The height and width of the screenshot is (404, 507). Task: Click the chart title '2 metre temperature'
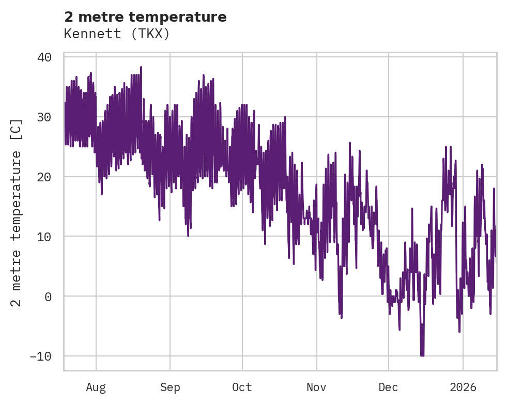tap(145, 17)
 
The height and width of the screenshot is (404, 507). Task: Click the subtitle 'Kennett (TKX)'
tap(117, 34)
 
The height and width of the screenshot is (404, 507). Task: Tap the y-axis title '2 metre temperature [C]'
tap(17, 213)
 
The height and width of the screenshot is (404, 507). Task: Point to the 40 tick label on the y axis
tap(44, 57)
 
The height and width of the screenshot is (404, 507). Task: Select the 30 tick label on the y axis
tap(44, 117)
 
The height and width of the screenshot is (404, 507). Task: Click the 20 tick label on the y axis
tap(44, 177)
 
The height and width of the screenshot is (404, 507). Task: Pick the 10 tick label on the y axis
tap(44, 237)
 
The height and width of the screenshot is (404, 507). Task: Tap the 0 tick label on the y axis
tap(48, 297)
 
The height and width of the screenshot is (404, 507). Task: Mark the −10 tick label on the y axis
tap(41, 356)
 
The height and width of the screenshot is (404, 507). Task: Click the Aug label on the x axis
tap(96, 387)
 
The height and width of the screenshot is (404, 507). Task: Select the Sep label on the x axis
tap(170, 387)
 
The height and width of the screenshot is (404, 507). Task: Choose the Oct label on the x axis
tap(242, 387)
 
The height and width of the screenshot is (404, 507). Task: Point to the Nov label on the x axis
tap(316, 387)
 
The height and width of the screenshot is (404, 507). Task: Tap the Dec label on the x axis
tap(388, 387)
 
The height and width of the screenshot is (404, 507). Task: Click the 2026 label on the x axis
tap(463, 387)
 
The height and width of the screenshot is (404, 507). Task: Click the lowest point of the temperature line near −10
tap(422, 355)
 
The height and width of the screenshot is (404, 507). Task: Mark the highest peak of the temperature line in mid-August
tap(141, 67)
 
